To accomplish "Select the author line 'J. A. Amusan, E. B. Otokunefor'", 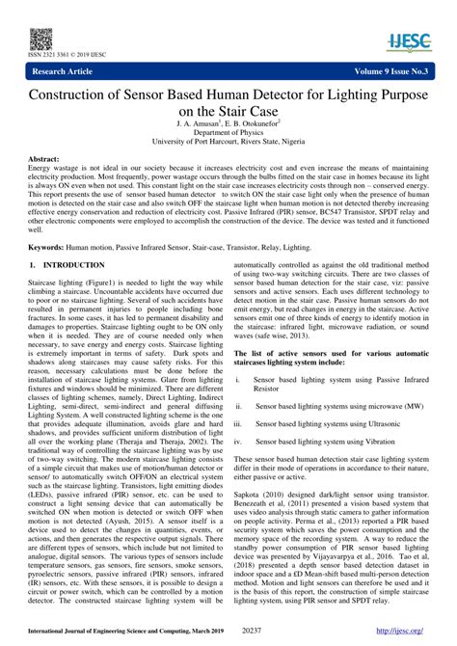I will (x=228, y=124).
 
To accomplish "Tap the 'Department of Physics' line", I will (x=228, y=134).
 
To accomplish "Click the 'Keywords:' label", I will (x=48, y=247).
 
